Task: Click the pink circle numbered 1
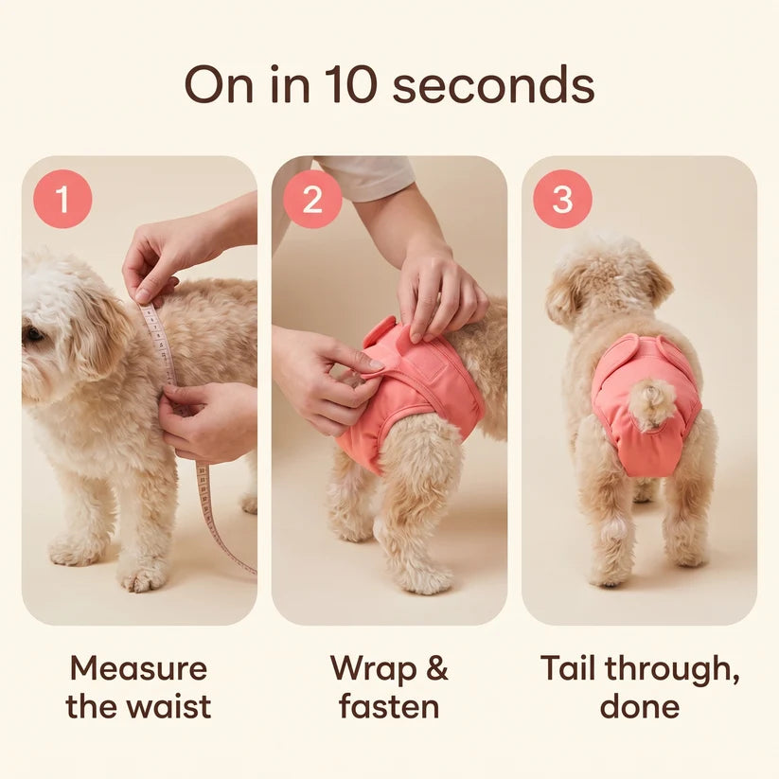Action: pyautogui.click(x=62, y=199)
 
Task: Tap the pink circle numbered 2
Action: pyautogui.click(x=312, y=199)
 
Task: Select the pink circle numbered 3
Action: pyautogui.click(x=562, y=199)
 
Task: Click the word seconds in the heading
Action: pyautogui.click(x=493, y=84)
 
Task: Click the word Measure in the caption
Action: pyautogui.click(x=138, y=668)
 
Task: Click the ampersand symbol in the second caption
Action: pyautogui.click(x=437, y=668)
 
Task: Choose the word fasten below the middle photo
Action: pyautogui.click(x=389, y=706)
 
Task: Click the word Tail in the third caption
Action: pyautogui.click(x=567, y=667)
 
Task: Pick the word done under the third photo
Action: pyautogui.click(x=640, y=706)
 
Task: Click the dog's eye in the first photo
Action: pyautogui.click(x=34, y=333)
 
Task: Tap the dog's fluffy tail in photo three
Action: pyautogui.click(x=649, y=402)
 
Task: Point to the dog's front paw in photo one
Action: pyautogui.click(x=143, y=577)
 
